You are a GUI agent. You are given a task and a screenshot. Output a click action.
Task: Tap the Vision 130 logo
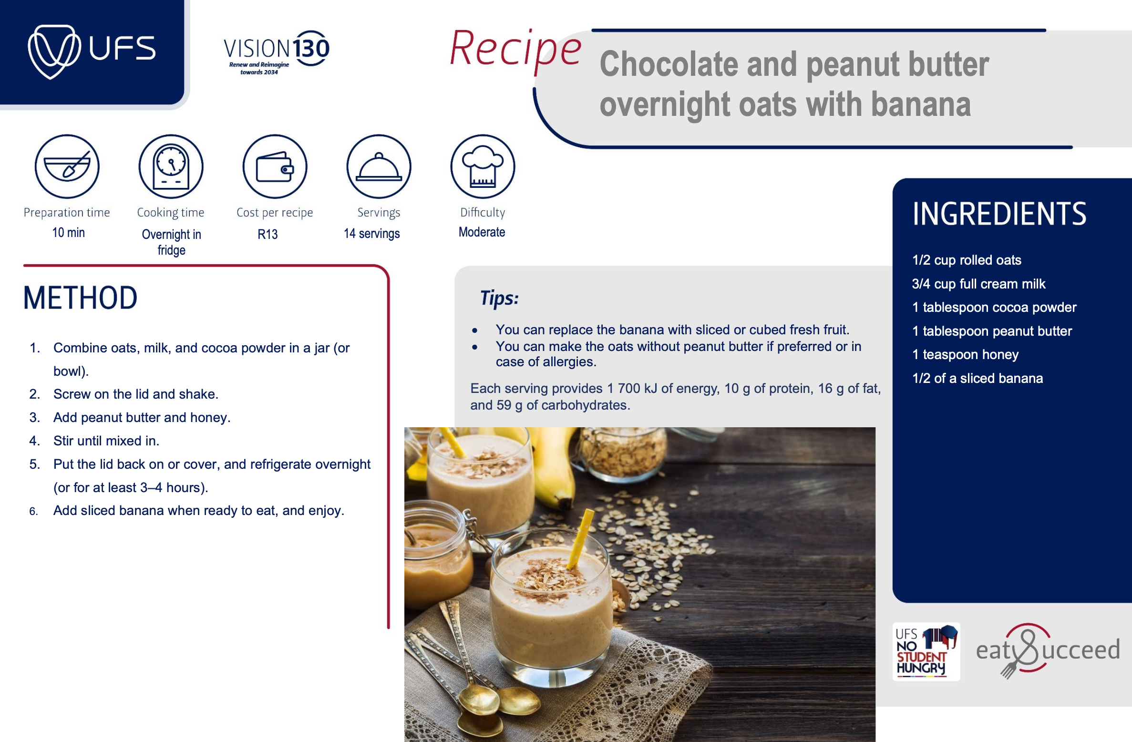coord(277,52)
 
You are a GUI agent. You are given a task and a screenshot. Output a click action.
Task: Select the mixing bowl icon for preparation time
coord(67,166)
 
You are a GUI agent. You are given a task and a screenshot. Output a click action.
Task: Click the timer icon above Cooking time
coord(171,166)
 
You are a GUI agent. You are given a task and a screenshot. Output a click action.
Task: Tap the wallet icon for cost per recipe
coord(275,166)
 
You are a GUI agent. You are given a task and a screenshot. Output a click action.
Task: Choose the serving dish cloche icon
coord(379,166)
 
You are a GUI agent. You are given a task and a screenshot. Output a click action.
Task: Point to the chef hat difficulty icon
coord(483,166)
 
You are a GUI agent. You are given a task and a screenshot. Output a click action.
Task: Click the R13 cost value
coord(268,234)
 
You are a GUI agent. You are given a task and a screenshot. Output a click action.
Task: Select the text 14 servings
coord(372,234)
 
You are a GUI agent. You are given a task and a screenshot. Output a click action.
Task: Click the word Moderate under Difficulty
coord(482,232)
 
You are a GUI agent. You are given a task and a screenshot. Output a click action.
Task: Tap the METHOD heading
coord(81,298)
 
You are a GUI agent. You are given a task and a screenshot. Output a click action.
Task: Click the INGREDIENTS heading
coord(999,214)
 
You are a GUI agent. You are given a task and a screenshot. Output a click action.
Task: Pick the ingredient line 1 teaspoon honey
coord(965,354)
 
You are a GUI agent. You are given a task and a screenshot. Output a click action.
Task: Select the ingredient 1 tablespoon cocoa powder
coord(994,307)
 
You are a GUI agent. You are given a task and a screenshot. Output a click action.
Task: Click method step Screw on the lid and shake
coord(136,394)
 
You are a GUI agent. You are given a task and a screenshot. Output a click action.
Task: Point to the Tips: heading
coord(499,298)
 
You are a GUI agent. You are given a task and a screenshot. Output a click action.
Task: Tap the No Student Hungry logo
coord(926,651)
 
